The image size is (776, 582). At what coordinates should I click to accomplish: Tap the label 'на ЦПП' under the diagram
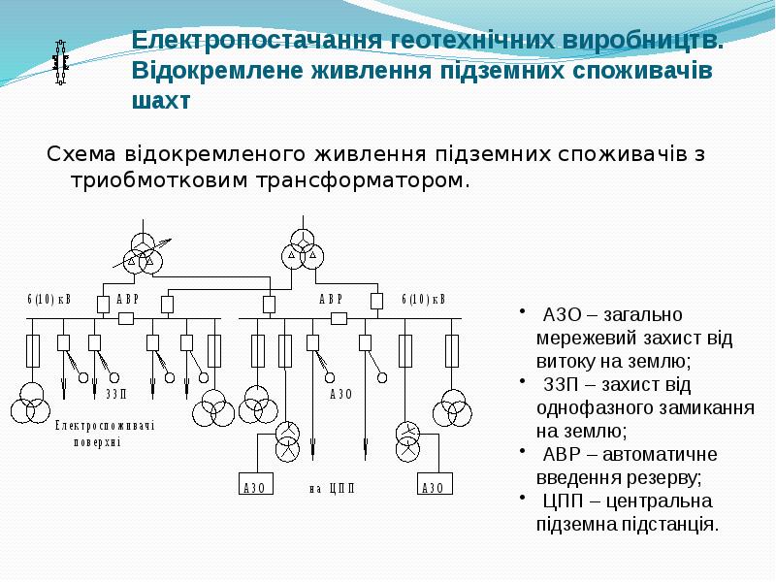pos(332,489)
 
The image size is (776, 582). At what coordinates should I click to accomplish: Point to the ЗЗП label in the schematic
pos(116,394)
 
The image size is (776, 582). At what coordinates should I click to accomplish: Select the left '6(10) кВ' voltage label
pos(49,300)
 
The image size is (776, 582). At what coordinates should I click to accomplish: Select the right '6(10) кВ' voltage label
pos(424,300)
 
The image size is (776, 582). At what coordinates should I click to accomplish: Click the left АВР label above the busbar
pos(128,300)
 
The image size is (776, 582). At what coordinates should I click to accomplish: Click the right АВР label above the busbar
pos(331,300)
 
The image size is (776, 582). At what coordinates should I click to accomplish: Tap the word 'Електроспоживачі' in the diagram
pos(105,425)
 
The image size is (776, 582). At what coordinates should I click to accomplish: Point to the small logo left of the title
pos(60,62)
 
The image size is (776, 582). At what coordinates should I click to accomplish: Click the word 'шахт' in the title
pos(161,101)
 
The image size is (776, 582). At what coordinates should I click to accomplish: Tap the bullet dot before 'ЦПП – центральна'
pos(522,498)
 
